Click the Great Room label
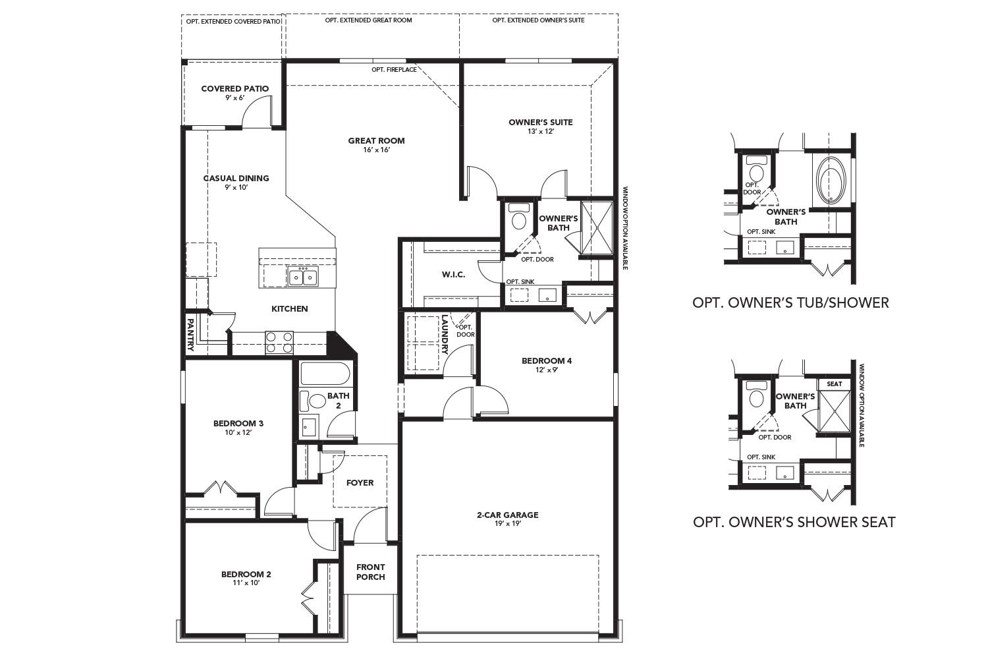pos(376,140)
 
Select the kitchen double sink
pos(302,277)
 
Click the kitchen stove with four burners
pos(279,343)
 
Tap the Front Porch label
pos(370,571)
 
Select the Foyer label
pos(360,482)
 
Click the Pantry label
pos(190,335)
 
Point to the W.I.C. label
pos(453,274)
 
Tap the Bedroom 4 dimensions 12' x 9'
pos(546,370)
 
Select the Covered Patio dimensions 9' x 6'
pos(234,98)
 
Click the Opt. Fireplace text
pos(394,70)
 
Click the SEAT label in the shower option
pos(834,384)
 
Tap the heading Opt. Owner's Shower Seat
pos(794,522)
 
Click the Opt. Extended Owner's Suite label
pos(538,20)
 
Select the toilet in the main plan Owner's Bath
pos(519,219)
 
